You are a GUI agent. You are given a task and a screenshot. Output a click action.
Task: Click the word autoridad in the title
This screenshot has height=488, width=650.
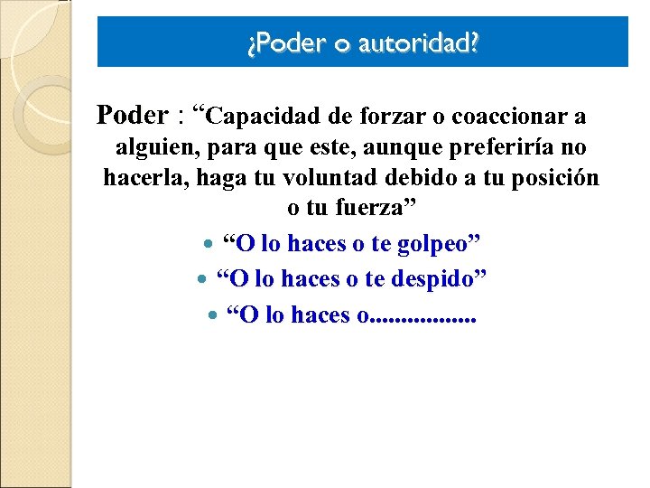418,42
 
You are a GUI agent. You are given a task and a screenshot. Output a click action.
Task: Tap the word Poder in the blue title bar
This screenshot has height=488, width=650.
280,42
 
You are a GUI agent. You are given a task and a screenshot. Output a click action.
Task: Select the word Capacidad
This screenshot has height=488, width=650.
270,117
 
